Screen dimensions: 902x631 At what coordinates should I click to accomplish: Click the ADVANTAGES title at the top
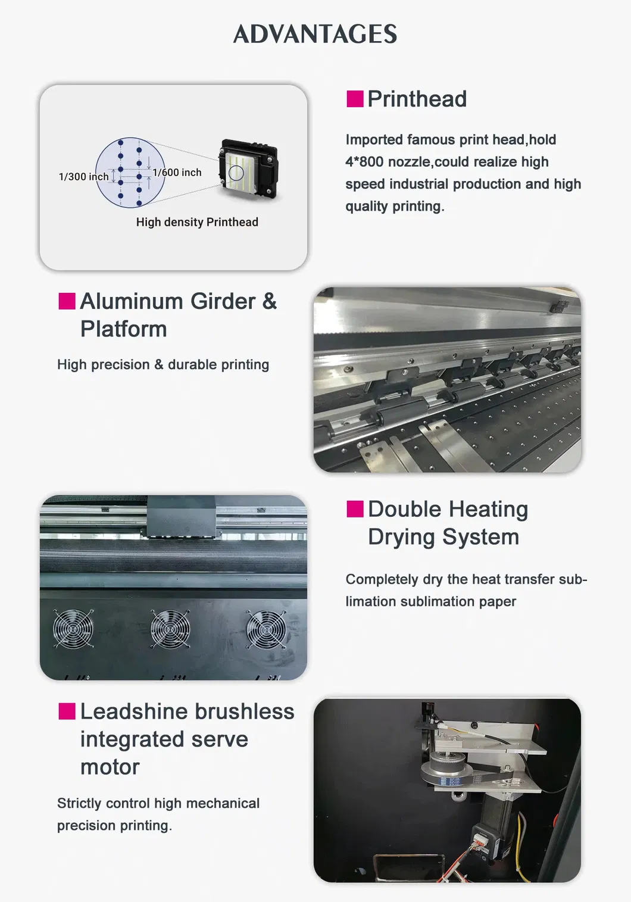[x=315, y=34]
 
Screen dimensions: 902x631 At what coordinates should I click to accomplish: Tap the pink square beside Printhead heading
[x=355, y=99]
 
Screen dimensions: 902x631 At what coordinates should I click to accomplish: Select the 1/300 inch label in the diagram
[x=83, y=177]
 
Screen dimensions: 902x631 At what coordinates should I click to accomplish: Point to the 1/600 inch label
[x=177, y=172]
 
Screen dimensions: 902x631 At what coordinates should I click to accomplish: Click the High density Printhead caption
[x=197, y=222]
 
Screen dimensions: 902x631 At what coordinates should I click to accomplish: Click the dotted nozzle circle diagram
[x=130, y=173]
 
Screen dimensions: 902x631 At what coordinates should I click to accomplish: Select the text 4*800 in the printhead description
[x=364, y=162]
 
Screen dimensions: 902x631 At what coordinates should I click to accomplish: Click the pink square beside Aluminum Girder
[x=67, y=301]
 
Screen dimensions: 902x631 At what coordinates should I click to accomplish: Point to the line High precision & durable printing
[x=163, y=364]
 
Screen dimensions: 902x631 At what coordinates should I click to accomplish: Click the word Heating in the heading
[x=488, y=509]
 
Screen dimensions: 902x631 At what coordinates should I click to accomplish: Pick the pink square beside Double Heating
[x=355, y=509]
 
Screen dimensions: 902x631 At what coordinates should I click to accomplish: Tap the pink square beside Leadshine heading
[x=67, y=711]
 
